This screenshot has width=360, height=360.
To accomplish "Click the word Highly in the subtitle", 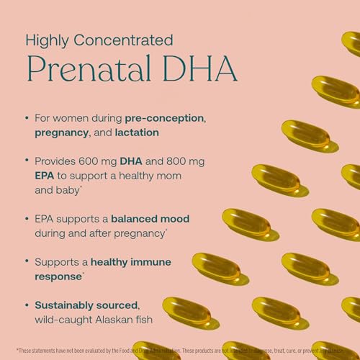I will click(45, 39).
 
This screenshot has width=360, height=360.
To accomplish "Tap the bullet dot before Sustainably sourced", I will click(27, 306).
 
